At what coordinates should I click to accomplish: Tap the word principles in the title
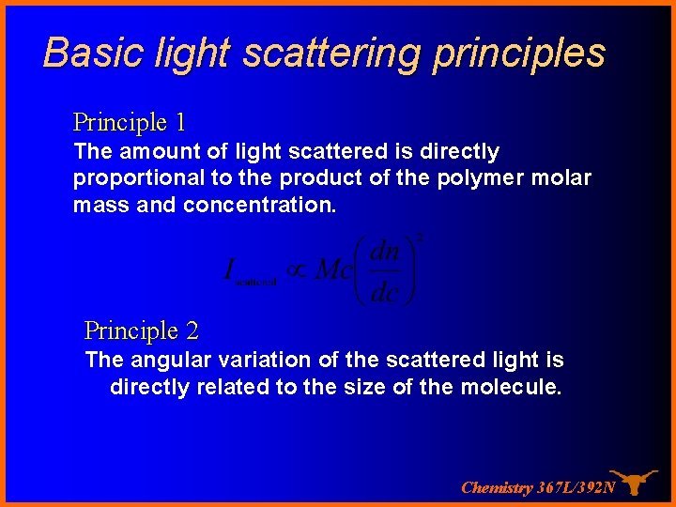point(518,54)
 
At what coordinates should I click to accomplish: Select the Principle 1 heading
point(129,122)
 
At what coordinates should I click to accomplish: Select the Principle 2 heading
point(141,330)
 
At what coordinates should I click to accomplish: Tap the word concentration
point(259,206)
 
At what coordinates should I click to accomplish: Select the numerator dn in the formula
point(385,253)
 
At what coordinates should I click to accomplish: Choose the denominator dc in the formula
point(385,292)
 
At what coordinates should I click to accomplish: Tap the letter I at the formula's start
point(228,270)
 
